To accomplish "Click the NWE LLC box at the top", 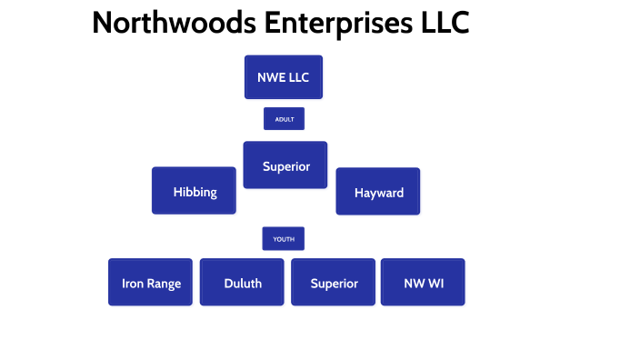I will (284, 77).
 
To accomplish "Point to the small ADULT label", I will (284, 119).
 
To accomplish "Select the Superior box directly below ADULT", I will (285, 165).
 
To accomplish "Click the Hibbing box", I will (194, 191).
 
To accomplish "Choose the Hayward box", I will (378, 192).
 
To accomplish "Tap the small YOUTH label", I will (284, 239).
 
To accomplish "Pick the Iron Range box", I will (150, 283).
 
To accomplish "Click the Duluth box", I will (242, 283).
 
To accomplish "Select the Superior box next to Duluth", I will (334, 283).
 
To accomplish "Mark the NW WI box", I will (423, 283).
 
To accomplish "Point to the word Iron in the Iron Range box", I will (132, 284).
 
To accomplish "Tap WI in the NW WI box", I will (435, 284).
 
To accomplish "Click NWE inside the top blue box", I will (272, 77).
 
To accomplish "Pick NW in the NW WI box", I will (414, 284).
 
